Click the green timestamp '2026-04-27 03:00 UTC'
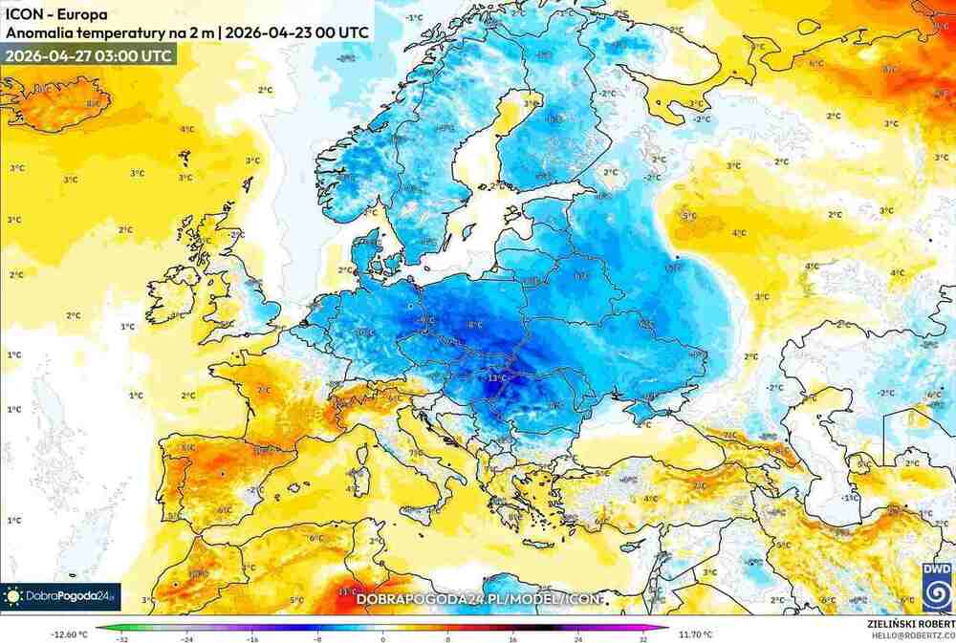pos(89,55)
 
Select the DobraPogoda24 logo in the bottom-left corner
pos(61,596)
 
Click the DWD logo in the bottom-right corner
pos(936,585)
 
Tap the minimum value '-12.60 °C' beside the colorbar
pos(69,632)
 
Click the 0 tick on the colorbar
pos(382,638)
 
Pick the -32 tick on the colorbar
pos(121,638)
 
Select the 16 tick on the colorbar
pos(513,638)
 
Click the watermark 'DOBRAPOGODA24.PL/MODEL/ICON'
pos(480,599)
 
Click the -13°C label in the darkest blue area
pos(496,378)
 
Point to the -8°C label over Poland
pos(474,325)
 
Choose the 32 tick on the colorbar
pos(643,638)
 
